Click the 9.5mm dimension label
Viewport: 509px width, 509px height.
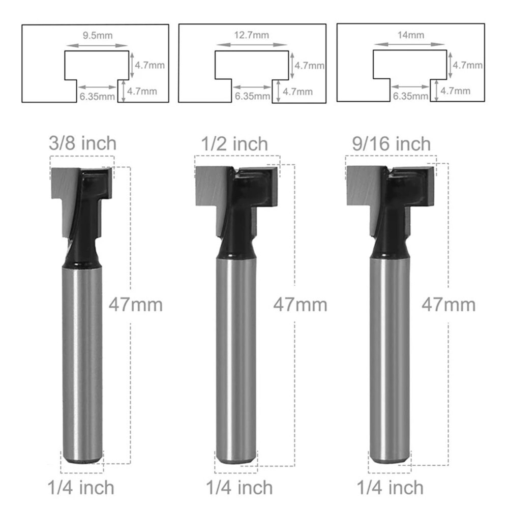point(97,35)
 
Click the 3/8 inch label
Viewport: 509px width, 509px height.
point(82,143)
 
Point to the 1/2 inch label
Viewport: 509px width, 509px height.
point(234,144)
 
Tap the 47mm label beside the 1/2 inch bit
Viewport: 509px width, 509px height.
point(300,305)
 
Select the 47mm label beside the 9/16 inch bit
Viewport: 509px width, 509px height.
point(448,305)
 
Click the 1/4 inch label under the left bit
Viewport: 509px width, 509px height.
point(81,488)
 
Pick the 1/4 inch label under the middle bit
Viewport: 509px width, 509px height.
point(239,488)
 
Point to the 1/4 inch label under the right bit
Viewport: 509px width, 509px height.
point(390,488)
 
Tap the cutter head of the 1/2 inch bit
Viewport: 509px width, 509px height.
point(236,188)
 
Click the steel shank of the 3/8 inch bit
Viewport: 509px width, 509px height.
point(82,356)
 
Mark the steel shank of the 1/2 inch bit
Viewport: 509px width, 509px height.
point(236,356)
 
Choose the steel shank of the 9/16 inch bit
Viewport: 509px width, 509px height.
point(390,356)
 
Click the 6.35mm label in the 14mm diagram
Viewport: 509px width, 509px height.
point(410,95)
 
